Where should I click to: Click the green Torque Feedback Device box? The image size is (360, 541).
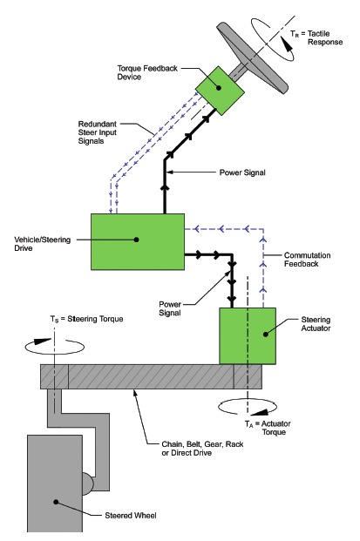[220, 91]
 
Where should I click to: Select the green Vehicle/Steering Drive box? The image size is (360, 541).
[138, 241]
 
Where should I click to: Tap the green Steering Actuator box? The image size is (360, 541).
[248, 335]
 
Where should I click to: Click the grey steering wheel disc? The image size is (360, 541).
[252, 58]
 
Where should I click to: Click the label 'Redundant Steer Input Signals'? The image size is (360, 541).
[98, 132]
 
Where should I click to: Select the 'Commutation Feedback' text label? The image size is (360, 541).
[307, 260]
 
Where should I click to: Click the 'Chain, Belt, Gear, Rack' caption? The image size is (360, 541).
[202, 444]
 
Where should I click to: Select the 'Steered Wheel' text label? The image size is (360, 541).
[131, 516]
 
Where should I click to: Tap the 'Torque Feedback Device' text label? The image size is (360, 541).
[147, 72]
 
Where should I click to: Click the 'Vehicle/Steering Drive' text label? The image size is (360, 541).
[43, 244]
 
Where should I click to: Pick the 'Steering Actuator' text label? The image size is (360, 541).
[316, 324]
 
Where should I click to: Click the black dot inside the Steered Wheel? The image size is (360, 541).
[57, 502]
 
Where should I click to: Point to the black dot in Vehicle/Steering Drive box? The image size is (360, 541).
[136, 240]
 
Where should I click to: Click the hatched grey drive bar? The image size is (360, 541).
[151, 376]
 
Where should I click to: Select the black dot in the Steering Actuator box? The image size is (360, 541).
[266, 334]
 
